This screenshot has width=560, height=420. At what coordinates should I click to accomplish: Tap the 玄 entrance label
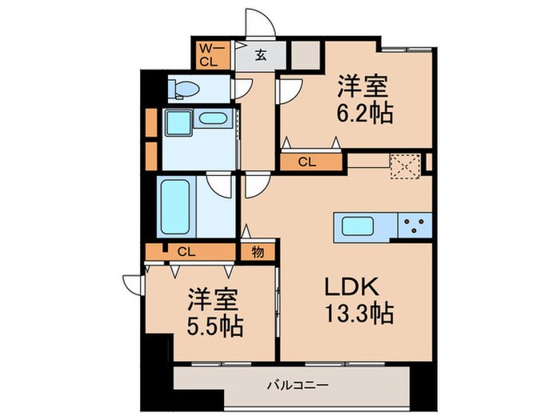click(x=262, y=56)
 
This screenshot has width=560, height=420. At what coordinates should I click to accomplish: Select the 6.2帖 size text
click(x=366, y=114)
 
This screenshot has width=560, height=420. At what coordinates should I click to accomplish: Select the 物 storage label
click(x=258, y=251)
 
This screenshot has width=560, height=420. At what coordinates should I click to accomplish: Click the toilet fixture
click(x=182, y=89)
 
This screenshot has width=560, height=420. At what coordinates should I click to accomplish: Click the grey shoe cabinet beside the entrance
click(x=304, y=55)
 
